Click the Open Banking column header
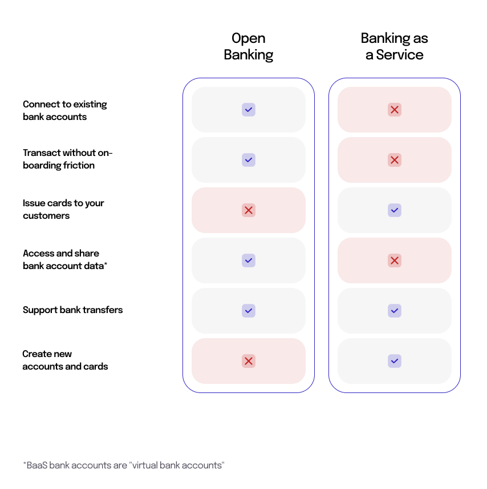coord(248,47)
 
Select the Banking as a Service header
coord(394,47)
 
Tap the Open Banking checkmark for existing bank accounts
coord(249,110)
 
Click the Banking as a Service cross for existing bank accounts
coord(395,110)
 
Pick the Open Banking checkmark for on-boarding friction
coord(249,160)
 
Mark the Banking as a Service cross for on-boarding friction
coord(395,160)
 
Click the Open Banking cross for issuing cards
coord(249,210)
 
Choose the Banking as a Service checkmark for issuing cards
coord(395,210)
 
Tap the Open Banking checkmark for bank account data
coord(249,260)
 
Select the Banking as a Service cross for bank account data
coord(395,260)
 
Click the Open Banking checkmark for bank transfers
coord(249,311)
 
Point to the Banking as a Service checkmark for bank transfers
coord(395,311)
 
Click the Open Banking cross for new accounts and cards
coord(249,361)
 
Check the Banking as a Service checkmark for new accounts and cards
coord(395,361)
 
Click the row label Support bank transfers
coord(72,310)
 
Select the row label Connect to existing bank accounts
coord(64,110)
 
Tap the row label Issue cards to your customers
coord(63,209)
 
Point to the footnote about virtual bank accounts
coord(124,465)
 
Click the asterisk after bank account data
coord(106,264)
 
